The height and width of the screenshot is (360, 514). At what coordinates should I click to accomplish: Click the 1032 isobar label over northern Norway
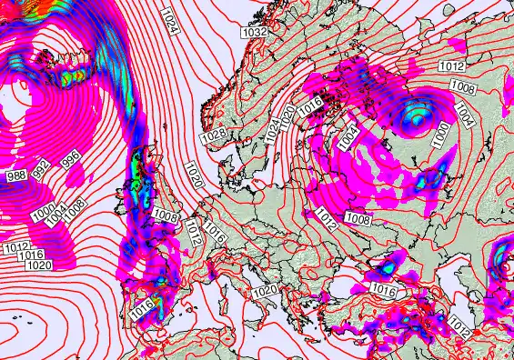[256, 32]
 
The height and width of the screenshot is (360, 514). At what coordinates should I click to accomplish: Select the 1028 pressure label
[213, 135]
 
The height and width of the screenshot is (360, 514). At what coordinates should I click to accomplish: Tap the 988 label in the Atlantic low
[15, 175]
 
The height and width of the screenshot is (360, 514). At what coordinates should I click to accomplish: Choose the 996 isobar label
[69, 161]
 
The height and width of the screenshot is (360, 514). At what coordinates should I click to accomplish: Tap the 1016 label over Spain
[141, 310]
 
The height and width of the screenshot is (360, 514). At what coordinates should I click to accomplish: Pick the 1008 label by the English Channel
[166, 215]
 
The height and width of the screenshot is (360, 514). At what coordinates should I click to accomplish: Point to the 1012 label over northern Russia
[451, 66]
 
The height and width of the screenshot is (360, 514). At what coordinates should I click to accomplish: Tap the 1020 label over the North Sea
[193, 174]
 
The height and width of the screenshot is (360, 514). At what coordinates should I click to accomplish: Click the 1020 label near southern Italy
[265, 291]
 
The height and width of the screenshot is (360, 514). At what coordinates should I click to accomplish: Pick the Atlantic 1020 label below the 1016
[38, 266]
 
